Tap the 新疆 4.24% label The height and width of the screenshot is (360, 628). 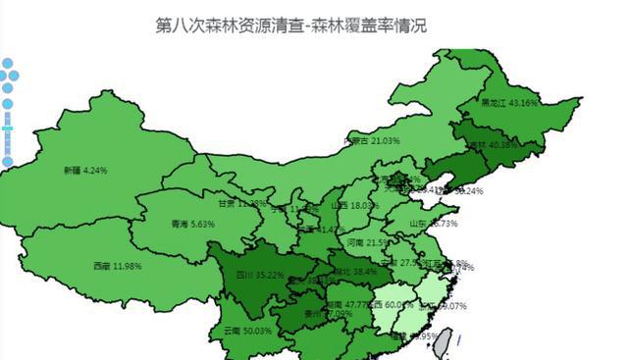tap(84, 170)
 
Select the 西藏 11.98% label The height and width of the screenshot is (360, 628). tap(117, 266)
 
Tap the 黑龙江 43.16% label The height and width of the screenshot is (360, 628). tap(509, 102)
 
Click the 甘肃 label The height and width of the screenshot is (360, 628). tap(229, 204)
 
